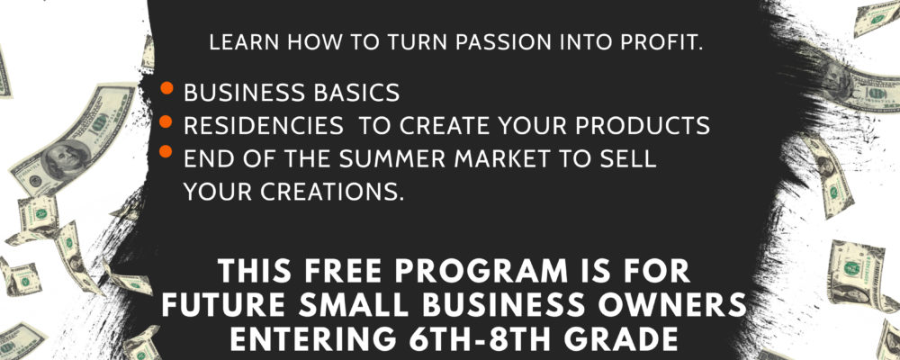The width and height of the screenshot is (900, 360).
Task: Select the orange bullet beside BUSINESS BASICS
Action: click(x=166, y=88)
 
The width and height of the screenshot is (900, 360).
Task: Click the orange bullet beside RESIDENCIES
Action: click(x=166, y=121)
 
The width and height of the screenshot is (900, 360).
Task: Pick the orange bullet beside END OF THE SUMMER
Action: click(x=166, y=151)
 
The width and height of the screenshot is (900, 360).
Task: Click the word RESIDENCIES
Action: click(x=264, y=126)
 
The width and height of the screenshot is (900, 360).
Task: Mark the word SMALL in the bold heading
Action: click(x=347, y=305)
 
